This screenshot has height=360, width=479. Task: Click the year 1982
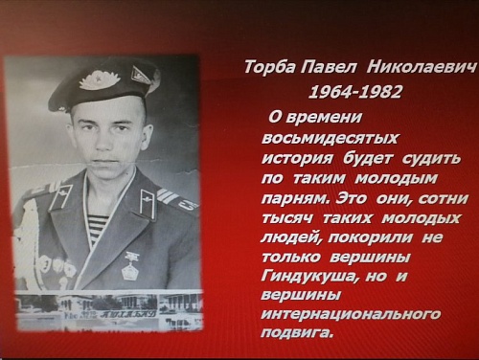click(380, 92)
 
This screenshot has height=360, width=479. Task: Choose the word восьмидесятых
click(330, 138)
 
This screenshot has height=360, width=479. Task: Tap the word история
click(297, 159)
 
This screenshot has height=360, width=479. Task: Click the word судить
click(431, 159)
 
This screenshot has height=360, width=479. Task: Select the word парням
click(295, 199)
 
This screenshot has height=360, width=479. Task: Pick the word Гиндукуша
click(308, 276)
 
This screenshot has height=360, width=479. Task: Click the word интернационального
click(351, 315)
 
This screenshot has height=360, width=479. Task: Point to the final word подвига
click(297, 333)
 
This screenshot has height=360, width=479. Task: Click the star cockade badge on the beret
click(99, 80)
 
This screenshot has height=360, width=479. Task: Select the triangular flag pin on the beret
click(141, 75)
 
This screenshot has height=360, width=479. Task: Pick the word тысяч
click(287, 218)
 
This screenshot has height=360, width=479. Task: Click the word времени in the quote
click(324, 118)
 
